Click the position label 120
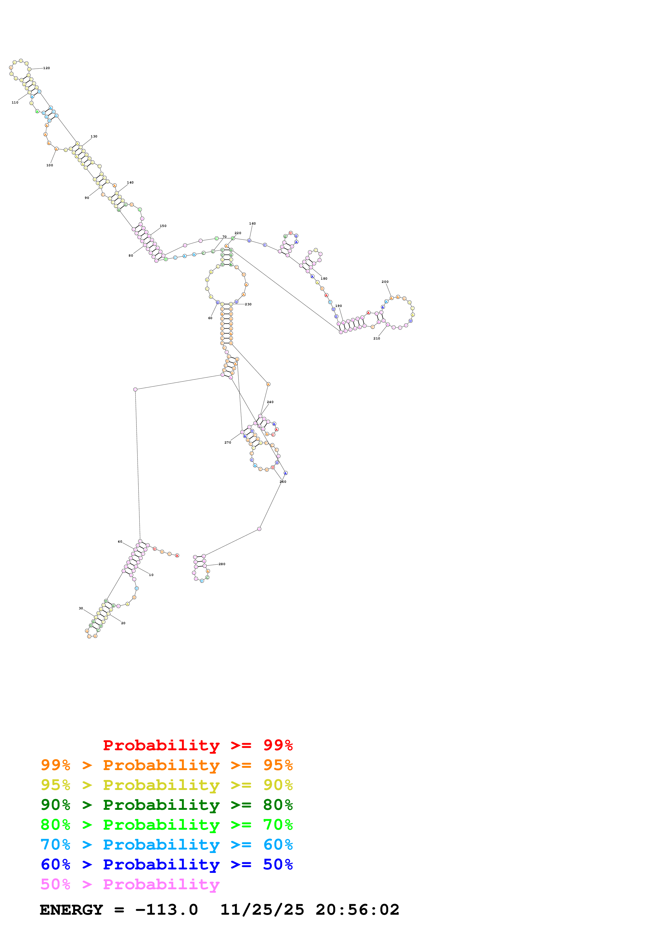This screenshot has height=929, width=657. point(47,68)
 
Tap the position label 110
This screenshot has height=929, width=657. point(15,102)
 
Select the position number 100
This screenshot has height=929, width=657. point(49,165)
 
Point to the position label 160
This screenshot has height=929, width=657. point(252,223)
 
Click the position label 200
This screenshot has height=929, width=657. point(385,282)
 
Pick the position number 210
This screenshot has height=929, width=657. point(376,338)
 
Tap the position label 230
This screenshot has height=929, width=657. point(248,304)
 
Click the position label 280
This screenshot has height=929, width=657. point(222,564)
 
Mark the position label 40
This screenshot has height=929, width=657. point(120,541)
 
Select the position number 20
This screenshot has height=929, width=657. point(123,623)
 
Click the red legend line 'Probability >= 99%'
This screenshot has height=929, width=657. point(197,745)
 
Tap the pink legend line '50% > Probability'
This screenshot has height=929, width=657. point(130,884)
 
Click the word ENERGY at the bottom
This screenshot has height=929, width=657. point(71,910)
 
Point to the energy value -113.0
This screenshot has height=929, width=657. point(166,910)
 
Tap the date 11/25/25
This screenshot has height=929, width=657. point(262,910)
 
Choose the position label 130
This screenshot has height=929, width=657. point(94,136)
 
